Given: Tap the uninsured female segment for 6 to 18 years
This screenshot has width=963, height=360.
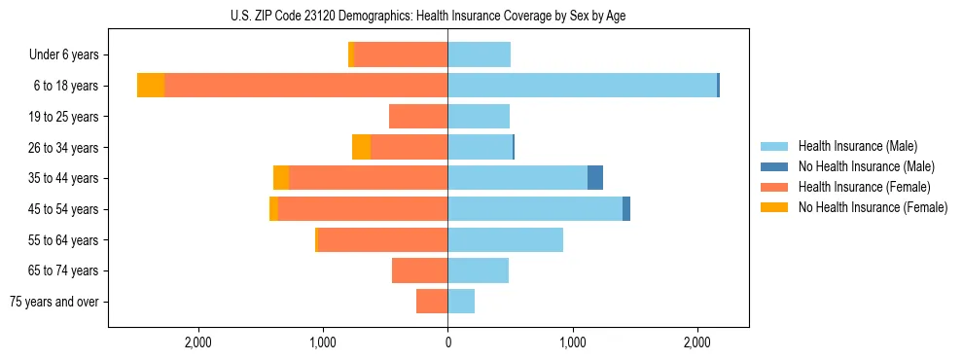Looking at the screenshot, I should pos(151,86).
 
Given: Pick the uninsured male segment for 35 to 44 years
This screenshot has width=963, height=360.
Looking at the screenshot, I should pos(595,178).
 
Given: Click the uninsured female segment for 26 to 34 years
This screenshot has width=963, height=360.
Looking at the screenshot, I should pos(361,147).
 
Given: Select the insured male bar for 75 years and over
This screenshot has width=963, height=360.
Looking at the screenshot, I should pos(461,302).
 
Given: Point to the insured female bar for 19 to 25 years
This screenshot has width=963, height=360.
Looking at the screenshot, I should pos(418,117).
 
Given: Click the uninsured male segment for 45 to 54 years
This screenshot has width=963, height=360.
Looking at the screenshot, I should pos(626,208).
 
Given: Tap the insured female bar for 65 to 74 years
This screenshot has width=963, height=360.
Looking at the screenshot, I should pos(419,270).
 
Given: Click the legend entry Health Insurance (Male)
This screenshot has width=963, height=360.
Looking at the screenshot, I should pos(857,146).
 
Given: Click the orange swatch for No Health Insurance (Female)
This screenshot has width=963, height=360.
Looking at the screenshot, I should pos(774,207).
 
